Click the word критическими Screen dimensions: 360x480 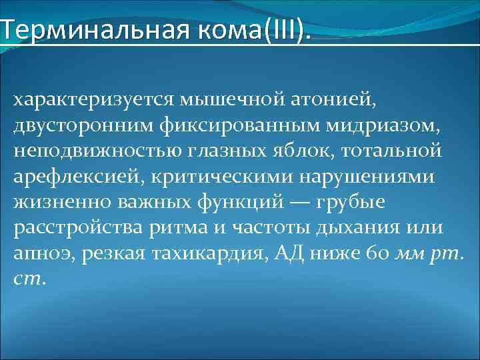click(x=199, y=176)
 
